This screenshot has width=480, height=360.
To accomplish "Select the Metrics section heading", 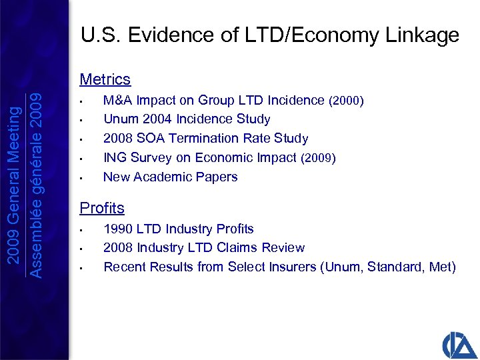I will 105,79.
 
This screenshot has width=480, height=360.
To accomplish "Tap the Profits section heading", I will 102,208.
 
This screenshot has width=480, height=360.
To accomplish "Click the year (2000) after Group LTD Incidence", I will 346,101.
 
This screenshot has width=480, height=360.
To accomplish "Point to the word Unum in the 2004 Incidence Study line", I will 119,119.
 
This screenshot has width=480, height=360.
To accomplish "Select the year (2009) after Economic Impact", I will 318,158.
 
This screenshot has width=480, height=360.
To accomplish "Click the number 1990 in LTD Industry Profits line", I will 119,229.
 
